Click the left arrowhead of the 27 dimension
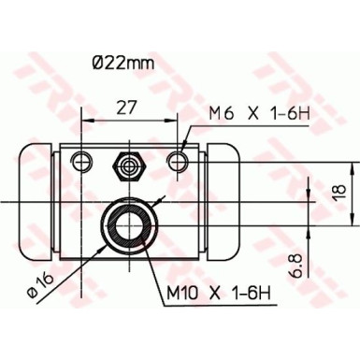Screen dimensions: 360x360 [88, 119]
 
